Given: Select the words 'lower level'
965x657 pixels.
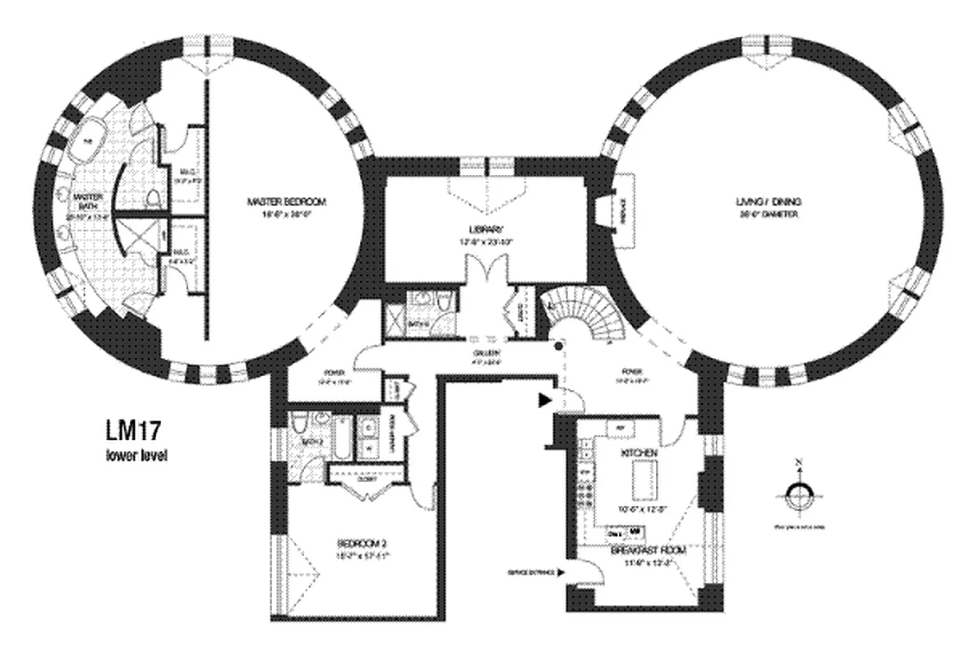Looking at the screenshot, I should coord(136,456).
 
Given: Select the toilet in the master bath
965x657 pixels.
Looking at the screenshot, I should coord(153,198).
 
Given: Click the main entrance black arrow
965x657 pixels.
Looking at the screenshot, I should coord(544,401).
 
